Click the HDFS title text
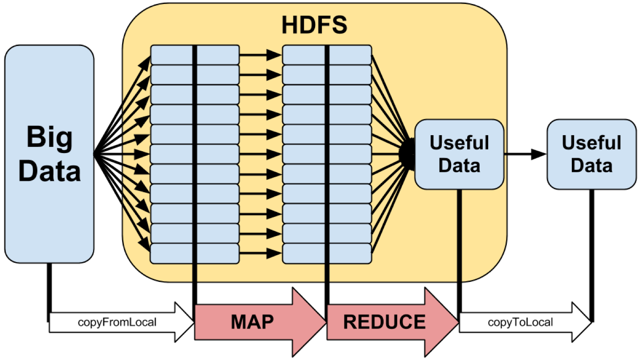click(314, 25)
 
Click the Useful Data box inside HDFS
click(459, 154)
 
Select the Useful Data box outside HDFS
click(591, 154)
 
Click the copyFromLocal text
click(117, 322)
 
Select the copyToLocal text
click(520, 322)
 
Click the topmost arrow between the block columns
click(260, 55)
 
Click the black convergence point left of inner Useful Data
click(407, 154)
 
